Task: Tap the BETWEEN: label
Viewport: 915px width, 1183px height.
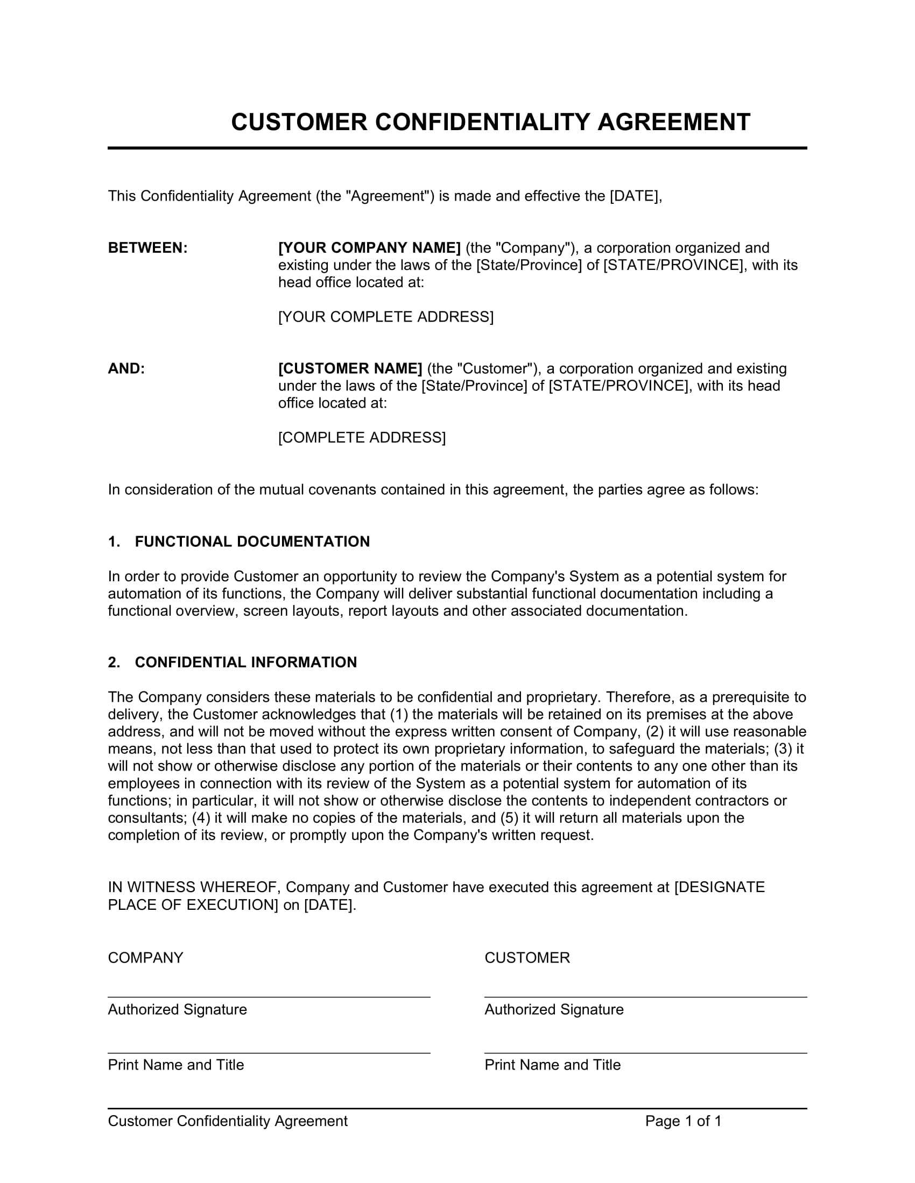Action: click(x=147, y=247)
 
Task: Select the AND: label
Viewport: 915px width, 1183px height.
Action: click(x=126, y=368)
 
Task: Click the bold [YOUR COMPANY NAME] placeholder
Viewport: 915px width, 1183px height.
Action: click(x=369, y=247)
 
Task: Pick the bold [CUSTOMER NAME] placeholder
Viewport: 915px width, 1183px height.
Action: click(x=350, y=368)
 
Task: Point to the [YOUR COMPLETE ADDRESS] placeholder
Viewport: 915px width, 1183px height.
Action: click(x=385, y=317)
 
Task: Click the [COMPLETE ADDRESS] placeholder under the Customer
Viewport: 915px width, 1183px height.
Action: click(x=362, y=438)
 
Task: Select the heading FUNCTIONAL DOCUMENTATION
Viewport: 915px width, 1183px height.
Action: click(x=252, y=541)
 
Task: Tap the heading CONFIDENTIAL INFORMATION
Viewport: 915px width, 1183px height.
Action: click(x=245, y=662)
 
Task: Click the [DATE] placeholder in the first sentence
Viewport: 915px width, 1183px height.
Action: click(x=635, y=196)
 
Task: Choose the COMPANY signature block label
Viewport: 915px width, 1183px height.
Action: click(x=145, y=958)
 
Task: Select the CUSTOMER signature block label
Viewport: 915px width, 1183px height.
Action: click(x=527, y=958)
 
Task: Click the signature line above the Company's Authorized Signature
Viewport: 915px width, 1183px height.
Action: click(x=269, y=996)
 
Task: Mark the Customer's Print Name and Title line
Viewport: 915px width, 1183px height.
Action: click(x=645, y=1053)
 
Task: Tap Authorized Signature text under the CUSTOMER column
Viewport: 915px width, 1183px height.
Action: click(x=553, y=1010)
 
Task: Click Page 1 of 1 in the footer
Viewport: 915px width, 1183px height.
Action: click(x=683, y=1121)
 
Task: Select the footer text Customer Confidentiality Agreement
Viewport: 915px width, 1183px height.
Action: click(x=228, y=1121)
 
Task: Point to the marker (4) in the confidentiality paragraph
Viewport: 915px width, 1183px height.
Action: click(x=201, y=818)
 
